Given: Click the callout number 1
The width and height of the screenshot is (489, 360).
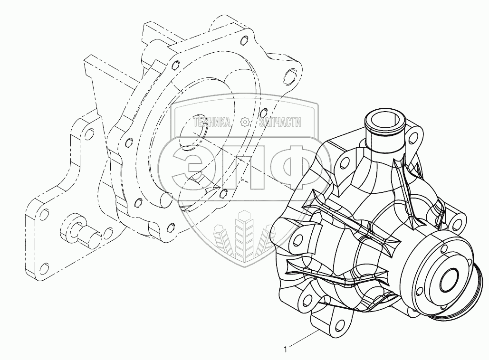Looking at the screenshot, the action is (285, 350).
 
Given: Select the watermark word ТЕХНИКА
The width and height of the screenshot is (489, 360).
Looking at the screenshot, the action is (212, 122).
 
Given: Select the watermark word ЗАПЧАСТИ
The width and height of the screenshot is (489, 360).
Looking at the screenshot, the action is (280, 122).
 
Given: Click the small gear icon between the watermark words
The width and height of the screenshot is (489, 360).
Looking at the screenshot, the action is (245, 122).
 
